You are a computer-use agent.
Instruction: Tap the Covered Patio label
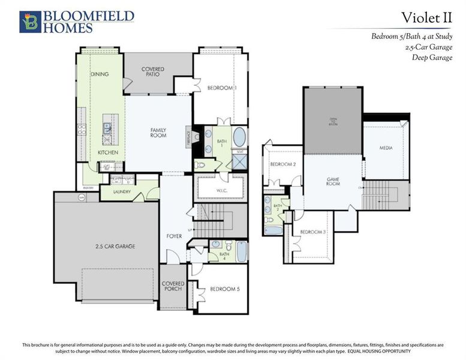click(153, 72)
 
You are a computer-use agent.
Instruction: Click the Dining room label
click(100, 74)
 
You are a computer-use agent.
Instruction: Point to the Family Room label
click(158, 133)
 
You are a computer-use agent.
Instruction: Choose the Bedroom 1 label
click(222, 88)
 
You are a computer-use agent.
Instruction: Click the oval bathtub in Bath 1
click(239, 137)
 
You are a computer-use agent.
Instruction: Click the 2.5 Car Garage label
click(114, 246)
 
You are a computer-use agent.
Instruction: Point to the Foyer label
click(174, 236)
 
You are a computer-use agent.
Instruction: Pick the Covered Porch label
click(173, 286)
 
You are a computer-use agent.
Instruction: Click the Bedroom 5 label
click(225, 289)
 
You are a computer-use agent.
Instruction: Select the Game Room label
click(333, 181)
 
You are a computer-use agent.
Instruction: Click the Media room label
click(386, 148)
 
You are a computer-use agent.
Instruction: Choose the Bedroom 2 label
click(283, 164)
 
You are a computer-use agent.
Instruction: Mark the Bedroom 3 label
click(312, 232)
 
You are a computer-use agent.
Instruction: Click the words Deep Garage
click(432, 58)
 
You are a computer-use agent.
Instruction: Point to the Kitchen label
click(108, 153)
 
